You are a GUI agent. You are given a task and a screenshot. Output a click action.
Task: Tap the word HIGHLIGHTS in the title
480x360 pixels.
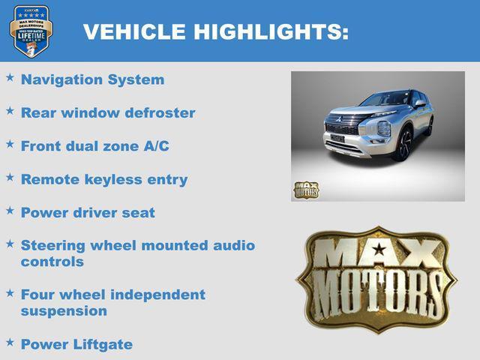pyautogui.click(x=271, y=31)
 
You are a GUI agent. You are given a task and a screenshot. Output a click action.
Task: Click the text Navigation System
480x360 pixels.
pyautogui.click(x=92, y=79)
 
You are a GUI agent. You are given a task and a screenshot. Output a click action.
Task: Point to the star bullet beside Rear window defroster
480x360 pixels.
pyautogui.click(x=10, y=110)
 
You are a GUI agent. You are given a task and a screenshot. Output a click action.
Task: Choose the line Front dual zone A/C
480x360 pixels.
pyautogui.click(x=94, y=145)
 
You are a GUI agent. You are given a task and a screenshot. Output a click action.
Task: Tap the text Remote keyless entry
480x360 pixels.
pyautogui.click(x=104, y=179)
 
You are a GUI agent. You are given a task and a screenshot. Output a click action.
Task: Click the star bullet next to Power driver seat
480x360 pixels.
pyautogui.click(x=10, y=210)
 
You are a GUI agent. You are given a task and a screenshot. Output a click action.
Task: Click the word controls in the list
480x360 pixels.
pyautogui.click(x=52, y=262)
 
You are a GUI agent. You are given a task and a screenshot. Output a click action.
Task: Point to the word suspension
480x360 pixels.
pyautogui.click(x=64, y=310)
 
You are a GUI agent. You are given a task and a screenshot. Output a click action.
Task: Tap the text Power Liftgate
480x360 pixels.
pyautogui.click(x=76, y=344)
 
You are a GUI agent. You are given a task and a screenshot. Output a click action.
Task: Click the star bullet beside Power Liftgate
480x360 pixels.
pyautogui.click(x=10, y=342)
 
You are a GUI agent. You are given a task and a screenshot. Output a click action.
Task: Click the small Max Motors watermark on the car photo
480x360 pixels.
pyautogui.click(x=305, y=190)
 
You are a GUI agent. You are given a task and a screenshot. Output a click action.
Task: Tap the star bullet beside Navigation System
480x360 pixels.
pyautogui.click(x=10, y=77)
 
